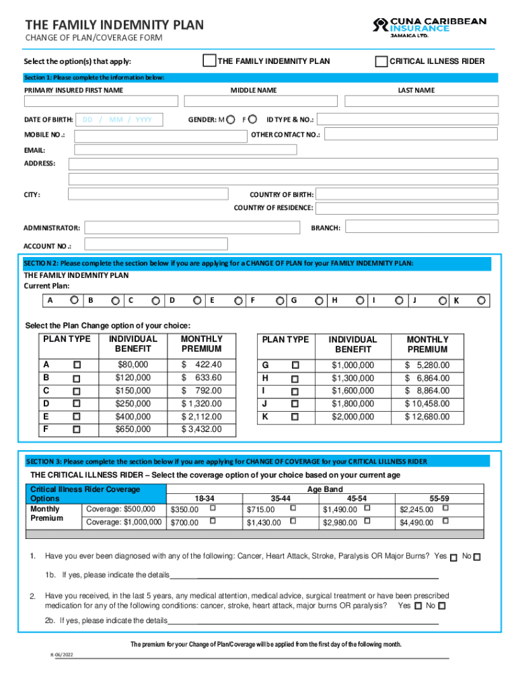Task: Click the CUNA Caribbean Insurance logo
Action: tap(429, 29)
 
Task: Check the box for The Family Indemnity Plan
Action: tap(210, 61)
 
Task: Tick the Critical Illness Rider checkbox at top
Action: tap(381, 61)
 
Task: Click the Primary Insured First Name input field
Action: tap(101, 102)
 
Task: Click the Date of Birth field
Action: tap(122, 120)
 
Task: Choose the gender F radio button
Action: tap(252, 119)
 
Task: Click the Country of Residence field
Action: tap(407, 209)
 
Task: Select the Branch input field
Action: tap(420, 227)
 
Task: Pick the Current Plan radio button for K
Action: tap(482, 300)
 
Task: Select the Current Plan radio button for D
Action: tap(198, 300)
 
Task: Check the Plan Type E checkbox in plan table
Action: tap(77, 416)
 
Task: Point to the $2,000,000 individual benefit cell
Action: tap(353, 417)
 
